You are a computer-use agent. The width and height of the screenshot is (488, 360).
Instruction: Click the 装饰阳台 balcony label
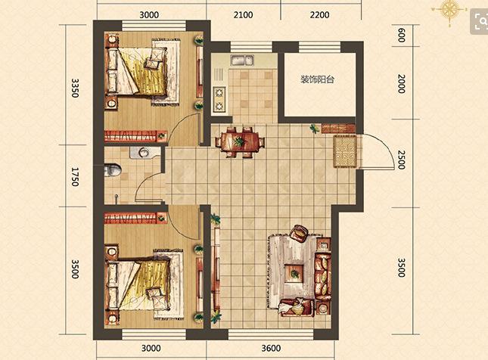pos(317,79)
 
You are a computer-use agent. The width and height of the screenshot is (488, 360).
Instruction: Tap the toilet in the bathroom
pos(112,170)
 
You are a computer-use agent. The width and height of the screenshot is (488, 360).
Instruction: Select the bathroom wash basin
pos(144,153)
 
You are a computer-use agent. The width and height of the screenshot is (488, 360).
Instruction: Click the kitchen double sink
pos(242,60)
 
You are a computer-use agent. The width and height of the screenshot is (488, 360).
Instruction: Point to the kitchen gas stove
pos(219,99)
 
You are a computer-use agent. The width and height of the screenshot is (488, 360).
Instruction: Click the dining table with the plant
pos(240,142)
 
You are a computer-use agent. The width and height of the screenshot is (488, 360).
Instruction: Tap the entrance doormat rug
pos(345,151)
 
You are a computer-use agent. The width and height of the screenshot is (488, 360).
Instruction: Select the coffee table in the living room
pos(294,274)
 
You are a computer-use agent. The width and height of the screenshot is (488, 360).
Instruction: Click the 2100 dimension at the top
pos(243,14)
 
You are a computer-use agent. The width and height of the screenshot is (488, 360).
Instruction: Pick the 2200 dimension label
pos(319,14)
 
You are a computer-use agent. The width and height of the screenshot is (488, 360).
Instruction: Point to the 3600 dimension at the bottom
pos(271,348)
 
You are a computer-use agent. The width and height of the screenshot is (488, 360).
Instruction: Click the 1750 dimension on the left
pos(75,177)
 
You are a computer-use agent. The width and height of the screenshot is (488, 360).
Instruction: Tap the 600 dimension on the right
pos(402,35)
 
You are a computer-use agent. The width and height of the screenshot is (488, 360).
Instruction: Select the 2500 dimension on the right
pos(402,160)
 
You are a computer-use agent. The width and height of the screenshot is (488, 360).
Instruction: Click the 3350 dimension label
pos(75,88)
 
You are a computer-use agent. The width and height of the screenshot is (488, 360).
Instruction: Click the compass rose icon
pos(449,10)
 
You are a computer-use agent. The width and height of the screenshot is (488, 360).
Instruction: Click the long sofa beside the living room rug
pos(323,276)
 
